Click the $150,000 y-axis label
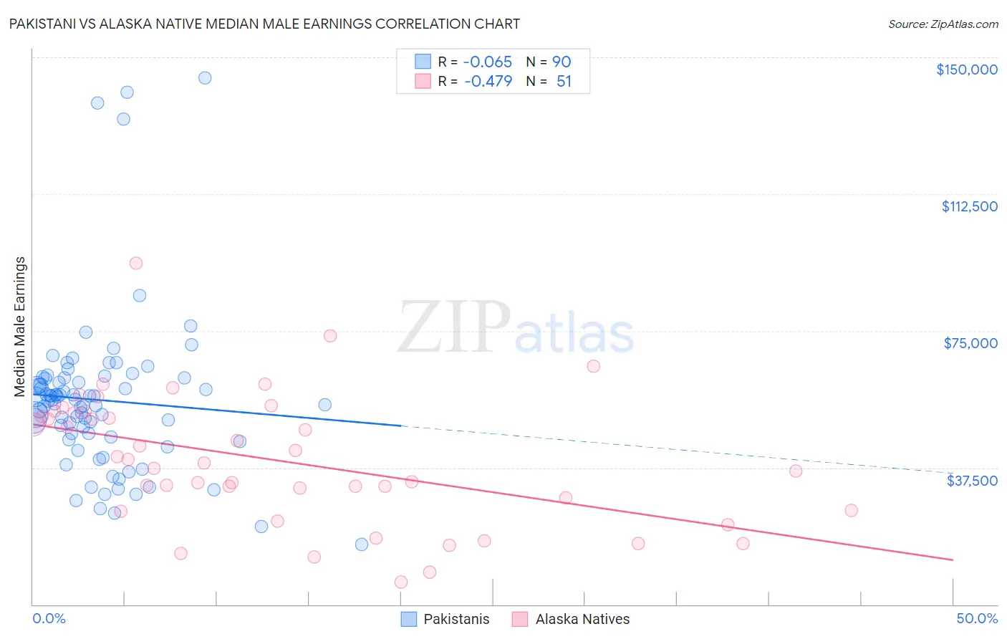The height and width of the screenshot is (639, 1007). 966,69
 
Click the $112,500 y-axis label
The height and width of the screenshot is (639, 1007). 969,206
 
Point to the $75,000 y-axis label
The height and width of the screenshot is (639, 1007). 970,343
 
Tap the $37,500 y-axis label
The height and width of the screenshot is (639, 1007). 972,481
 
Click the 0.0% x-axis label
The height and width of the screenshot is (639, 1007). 49,618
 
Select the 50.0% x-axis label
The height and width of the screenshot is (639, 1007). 977,618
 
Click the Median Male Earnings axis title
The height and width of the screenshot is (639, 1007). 20,327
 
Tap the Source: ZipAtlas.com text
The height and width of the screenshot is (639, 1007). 943,24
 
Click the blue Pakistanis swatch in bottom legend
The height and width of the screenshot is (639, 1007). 408,619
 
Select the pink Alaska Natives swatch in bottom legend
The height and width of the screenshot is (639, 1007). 520,619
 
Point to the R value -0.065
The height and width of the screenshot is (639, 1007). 488,62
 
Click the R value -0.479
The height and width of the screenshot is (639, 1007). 488,82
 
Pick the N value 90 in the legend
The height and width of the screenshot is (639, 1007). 562,62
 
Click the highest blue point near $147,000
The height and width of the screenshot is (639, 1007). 205,78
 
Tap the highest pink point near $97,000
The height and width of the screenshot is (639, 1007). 135,263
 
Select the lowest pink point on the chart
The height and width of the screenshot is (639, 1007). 401,582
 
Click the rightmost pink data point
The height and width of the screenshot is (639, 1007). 851,510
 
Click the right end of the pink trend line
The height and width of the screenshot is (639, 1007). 953,559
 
